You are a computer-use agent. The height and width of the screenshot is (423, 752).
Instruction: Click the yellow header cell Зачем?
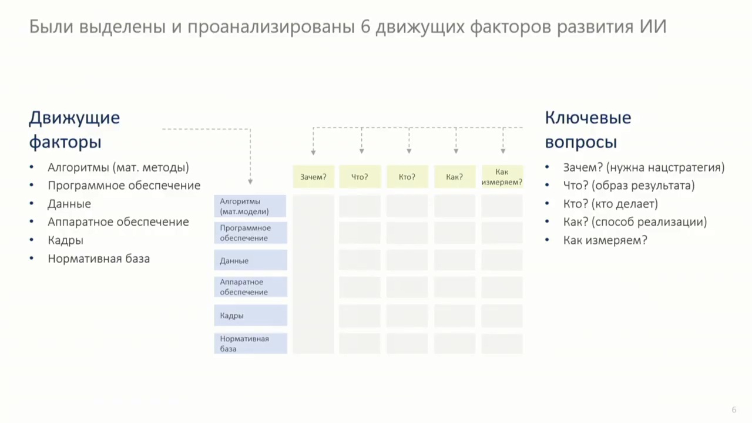(x=313, y=177)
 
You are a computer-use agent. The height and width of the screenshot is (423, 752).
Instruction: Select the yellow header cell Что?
(x=360, y=177)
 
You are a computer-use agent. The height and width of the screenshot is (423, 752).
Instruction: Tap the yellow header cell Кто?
(x=407, y=177)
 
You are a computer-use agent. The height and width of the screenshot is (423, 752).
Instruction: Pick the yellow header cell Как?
(x=455, y=177)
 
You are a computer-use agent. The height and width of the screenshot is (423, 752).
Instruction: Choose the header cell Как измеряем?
(x=502, y=177)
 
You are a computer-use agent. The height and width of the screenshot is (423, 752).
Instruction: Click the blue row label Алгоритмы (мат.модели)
(x=250, y=206)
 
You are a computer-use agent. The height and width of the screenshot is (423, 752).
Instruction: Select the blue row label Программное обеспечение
(x=250, y=233)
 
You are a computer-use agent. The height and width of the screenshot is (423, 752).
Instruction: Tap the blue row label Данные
(x=250, y=260)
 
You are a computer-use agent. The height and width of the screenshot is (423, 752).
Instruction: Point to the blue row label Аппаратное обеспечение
(x=250, y=287)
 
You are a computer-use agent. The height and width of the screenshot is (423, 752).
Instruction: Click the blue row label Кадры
(x=250, y=315)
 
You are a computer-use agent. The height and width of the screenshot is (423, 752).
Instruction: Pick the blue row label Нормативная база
(x=250, y=344)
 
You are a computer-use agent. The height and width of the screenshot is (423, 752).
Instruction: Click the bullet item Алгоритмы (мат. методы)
(x=118, y=167)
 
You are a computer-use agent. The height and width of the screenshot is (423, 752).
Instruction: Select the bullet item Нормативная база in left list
(x=99, y=258)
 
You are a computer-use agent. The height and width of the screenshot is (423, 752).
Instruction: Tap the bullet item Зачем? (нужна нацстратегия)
(x=644, y=167)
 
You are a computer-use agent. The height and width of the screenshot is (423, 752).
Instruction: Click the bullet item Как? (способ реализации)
(x=635, y=222)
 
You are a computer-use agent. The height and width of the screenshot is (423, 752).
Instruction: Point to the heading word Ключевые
(x=588, y=118)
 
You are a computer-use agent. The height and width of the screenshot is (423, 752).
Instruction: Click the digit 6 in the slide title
(x=365, y=26)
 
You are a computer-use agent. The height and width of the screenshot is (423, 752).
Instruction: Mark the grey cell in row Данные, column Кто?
(x=407, y=260)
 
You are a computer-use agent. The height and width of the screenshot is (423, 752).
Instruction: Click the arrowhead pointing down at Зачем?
(x=313, y=152)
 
